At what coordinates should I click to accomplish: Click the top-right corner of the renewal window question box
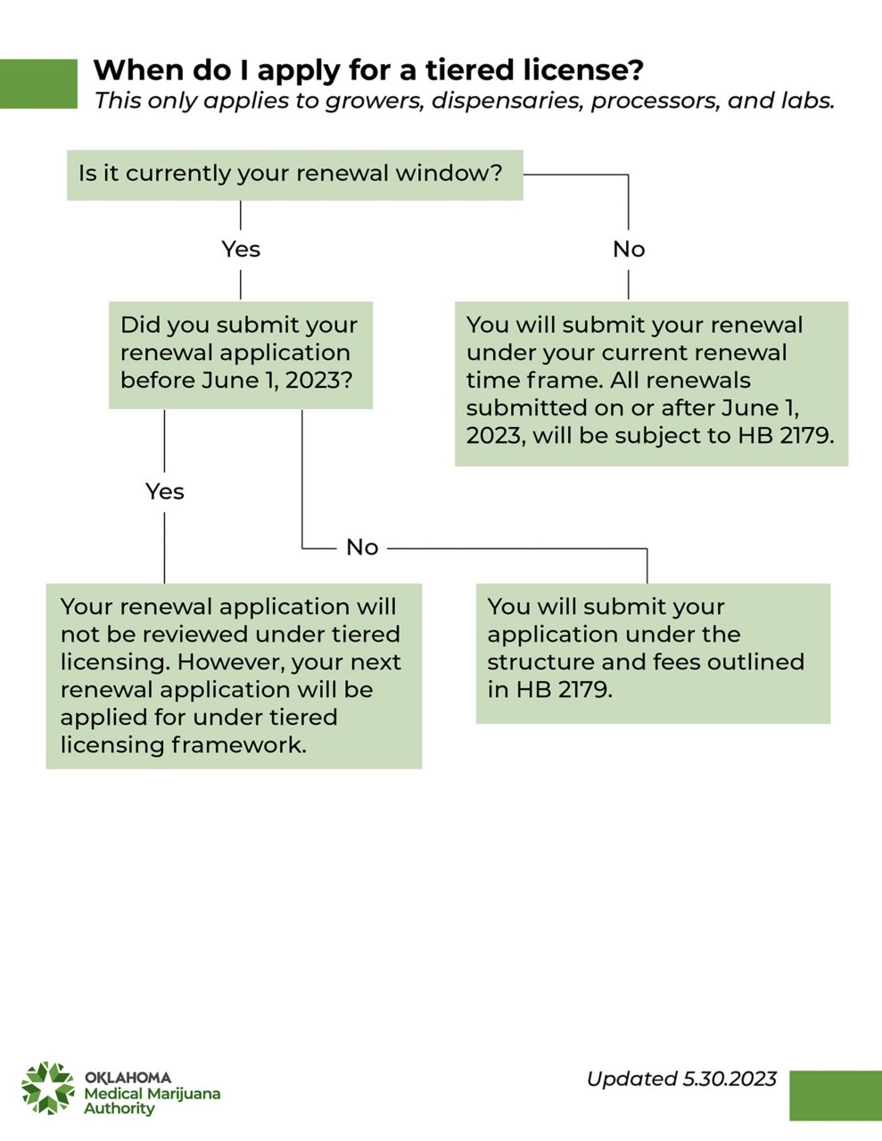click(x=523, y=150)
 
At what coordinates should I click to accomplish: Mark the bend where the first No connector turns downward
click(x=628, y=175)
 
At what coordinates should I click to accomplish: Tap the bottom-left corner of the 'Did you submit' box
click(x=109, y=408)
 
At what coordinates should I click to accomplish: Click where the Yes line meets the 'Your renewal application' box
click(x=164, y=583)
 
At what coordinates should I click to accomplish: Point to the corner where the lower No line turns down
click(x=647, y=549)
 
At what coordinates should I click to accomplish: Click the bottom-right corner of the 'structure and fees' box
click(x=830, y=724)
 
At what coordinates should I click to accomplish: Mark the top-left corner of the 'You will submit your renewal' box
click(x=455, y=301)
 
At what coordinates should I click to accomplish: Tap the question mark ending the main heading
click(x=637, y=70)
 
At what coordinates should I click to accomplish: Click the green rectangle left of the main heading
click(x=38, y=84)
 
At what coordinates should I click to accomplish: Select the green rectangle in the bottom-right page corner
click(x=836, y=1096)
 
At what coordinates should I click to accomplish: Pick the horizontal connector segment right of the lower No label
click(x=517, y=549)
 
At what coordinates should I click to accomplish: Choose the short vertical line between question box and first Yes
click(x=241, y=216)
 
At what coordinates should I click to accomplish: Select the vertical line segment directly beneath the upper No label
click(x=628, y=284)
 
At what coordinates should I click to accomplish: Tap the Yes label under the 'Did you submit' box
click(x=165, y=491)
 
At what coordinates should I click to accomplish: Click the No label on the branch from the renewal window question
click(x=629, y=249)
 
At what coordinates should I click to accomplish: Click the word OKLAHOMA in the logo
click(x=128, y=1078)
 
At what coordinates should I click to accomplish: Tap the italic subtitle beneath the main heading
click(x=465, y=101)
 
